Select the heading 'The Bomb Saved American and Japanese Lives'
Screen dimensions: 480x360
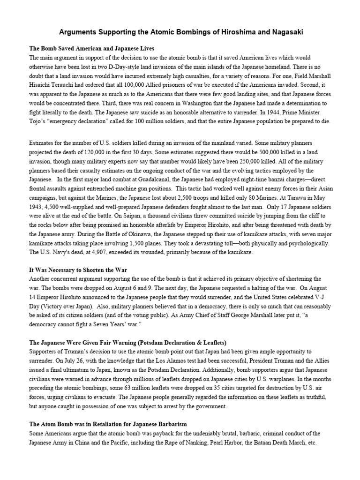(x=92, y=49)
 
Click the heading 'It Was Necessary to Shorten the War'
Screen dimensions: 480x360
(x=78, y=270)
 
